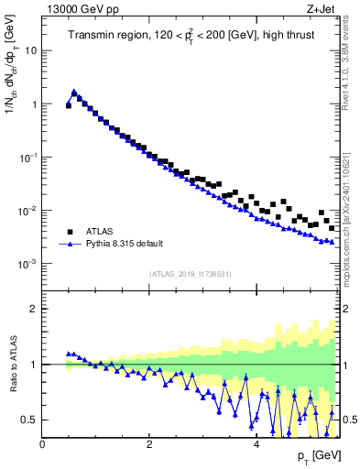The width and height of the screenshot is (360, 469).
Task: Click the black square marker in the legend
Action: [70, 232]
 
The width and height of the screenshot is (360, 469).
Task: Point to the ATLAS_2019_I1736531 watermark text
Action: [190, 273]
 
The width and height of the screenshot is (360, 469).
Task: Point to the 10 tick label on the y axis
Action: [30, 50]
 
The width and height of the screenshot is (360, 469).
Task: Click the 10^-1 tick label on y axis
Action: [27, 158]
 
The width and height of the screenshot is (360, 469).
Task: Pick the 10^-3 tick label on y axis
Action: [27, 264]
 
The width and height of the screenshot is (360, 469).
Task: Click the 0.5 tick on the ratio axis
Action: [30, 420]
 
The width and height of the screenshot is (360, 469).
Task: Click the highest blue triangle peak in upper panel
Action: [74, 92]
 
